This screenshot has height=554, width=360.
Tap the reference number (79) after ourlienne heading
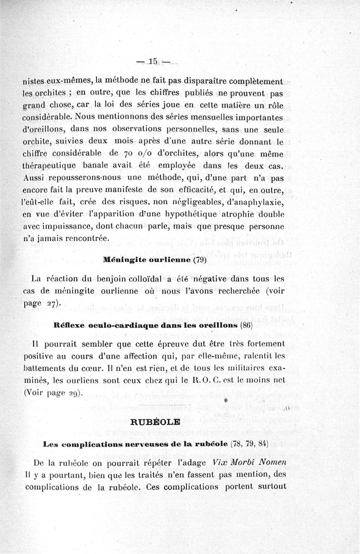tap(199, 260)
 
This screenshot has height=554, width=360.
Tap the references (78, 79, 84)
tap(249, 443)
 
